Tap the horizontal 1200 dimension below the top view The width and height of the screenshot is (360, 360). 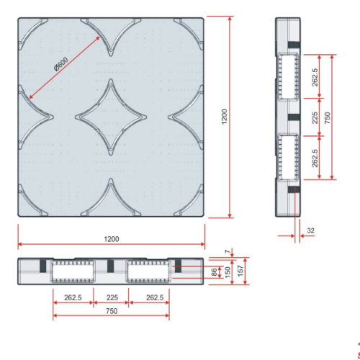coord(111,238)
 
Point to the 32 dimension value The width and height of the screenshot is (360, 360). coord(310,230)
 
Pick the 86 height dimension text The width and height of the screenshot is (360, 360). coord(213,272)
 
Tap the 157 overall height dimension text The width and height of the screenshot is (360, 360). coord(240,271)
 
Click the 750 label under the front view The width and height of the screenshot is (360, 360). coord(111,310)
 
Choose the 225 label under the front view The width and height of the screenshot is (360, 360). coord(111,297)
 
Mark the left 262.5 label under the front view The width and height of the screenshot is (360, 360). coord(72,297)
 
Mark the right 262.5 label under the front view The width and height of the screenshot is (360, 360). coord(150,297)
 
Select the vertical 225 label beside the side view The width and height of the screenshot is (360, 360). coord(314,117)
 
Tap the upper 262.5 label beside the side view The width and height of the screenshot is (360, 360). coord(314,76)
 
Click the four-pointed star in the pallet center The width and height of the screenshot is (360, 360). coord(111,117)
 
